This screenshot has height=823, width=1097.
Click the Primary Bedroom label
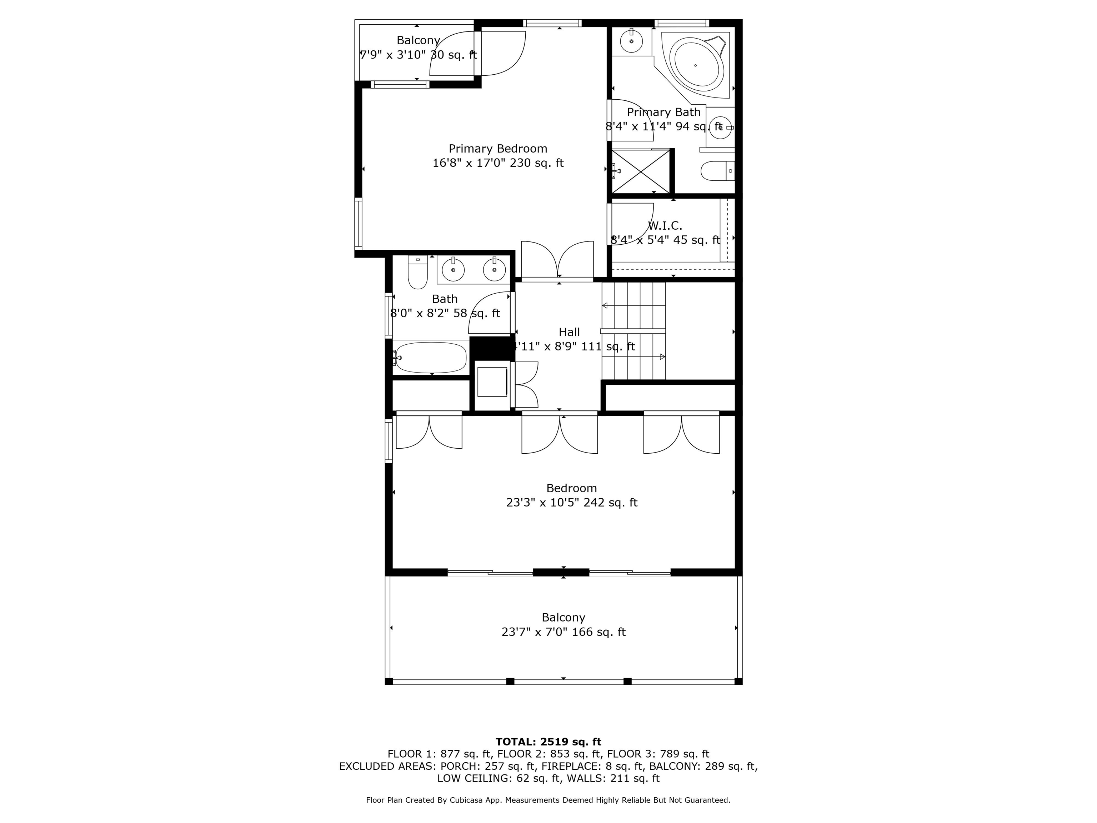(497, 149)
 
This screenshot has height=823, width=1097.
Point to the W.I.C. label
(665, 226)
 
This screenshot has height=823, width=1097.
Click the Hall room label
(569, 332)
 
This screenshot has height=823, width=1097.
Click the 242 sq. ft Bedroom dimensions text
(571, 503)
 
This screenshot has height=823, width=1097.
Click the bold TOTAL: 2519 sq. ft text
(548, 742)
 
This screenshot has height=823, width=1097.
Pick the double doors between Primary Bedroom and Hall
(557, 260)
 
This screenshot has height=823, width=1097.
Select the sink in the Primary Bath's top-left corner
(631, 41)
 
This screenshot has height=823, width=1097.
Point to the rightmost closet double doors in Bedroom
(681, 433)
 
